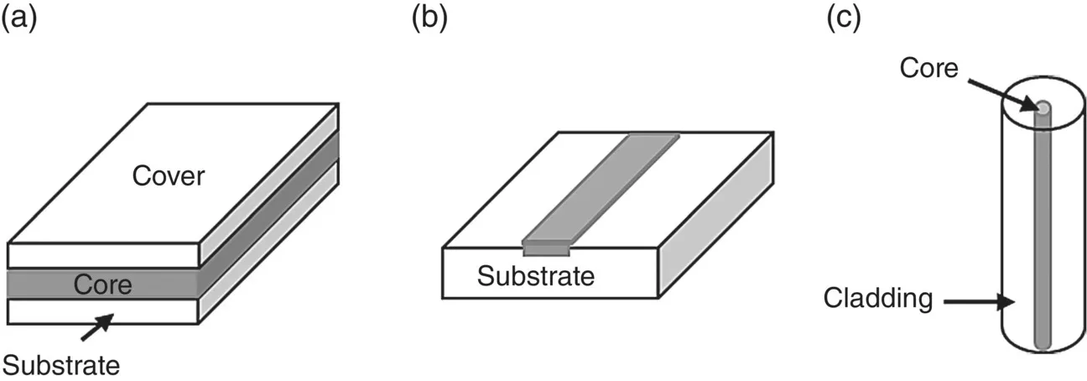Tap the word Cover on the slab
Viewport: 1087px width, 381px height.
pyautogui.click(x=169, y=176)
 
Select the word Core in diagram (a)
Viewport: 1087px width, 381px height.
pyautogui.click(x=103, y=284)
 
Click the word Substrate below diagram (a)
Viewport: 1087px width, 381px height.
pyautogui.click(x=60, y=363)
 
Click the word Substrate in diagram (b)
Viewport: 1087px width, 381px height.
pyautogui.click(x=535, y=275)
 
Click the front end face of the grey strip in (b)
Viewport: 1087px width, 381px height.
pyautogui.click(x=546, y=248)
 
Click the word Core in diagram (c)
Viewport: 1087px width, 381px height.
pyautogui.click(x=928, y=68)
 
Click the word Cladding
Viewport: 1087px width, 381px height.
pyautogui.click(x=878, y=297)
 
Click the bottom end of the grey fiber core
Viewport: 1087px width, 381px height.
pyautogui.click(x=1041, y=342)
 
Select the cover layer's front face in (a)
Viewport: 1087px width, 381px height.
pyautogui.click(x=103, y=254)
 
